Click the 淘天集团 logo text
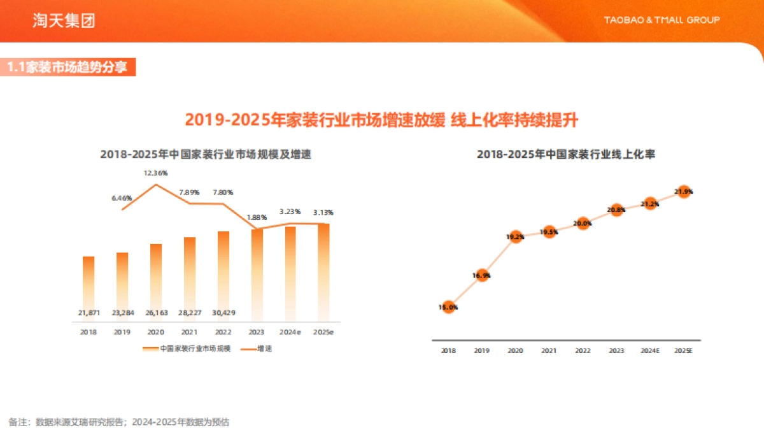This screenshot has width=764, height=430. (x=64, y=21)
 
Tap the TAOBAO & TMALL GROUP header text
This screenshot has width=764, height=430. (x=661, y=20)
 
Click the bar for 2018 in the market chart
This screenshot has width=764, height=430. (x=88, y=287)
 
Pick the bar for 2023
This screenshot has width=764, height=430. (x=257, y=274)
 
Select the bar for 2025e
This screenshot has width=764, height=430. (x=323, y=271)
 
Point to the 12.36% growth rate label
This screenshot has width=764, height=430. (x=155, y=173)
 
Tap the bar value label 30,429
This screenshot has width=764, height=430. (x=223, y=312)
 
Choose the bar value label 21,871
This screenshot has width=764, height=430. (x=88, y=312)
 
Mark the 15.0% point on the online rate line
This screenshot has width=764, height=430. (x=448, y=307)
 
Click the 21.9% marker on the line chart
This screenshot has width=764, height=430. (x=684, y=191)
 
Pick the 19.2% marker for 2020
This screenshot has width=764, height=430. (x=516, y=237)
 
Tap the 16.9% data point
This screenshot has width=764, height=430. (x=482, y=275)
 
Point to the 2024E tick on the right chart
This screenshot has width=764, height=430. (x=649, y=350)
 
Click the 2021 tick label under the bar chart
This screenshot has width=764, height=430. (x=189, y=332)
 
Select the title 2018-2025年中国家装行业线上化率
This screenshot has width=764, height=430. (x=566, y=155)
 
